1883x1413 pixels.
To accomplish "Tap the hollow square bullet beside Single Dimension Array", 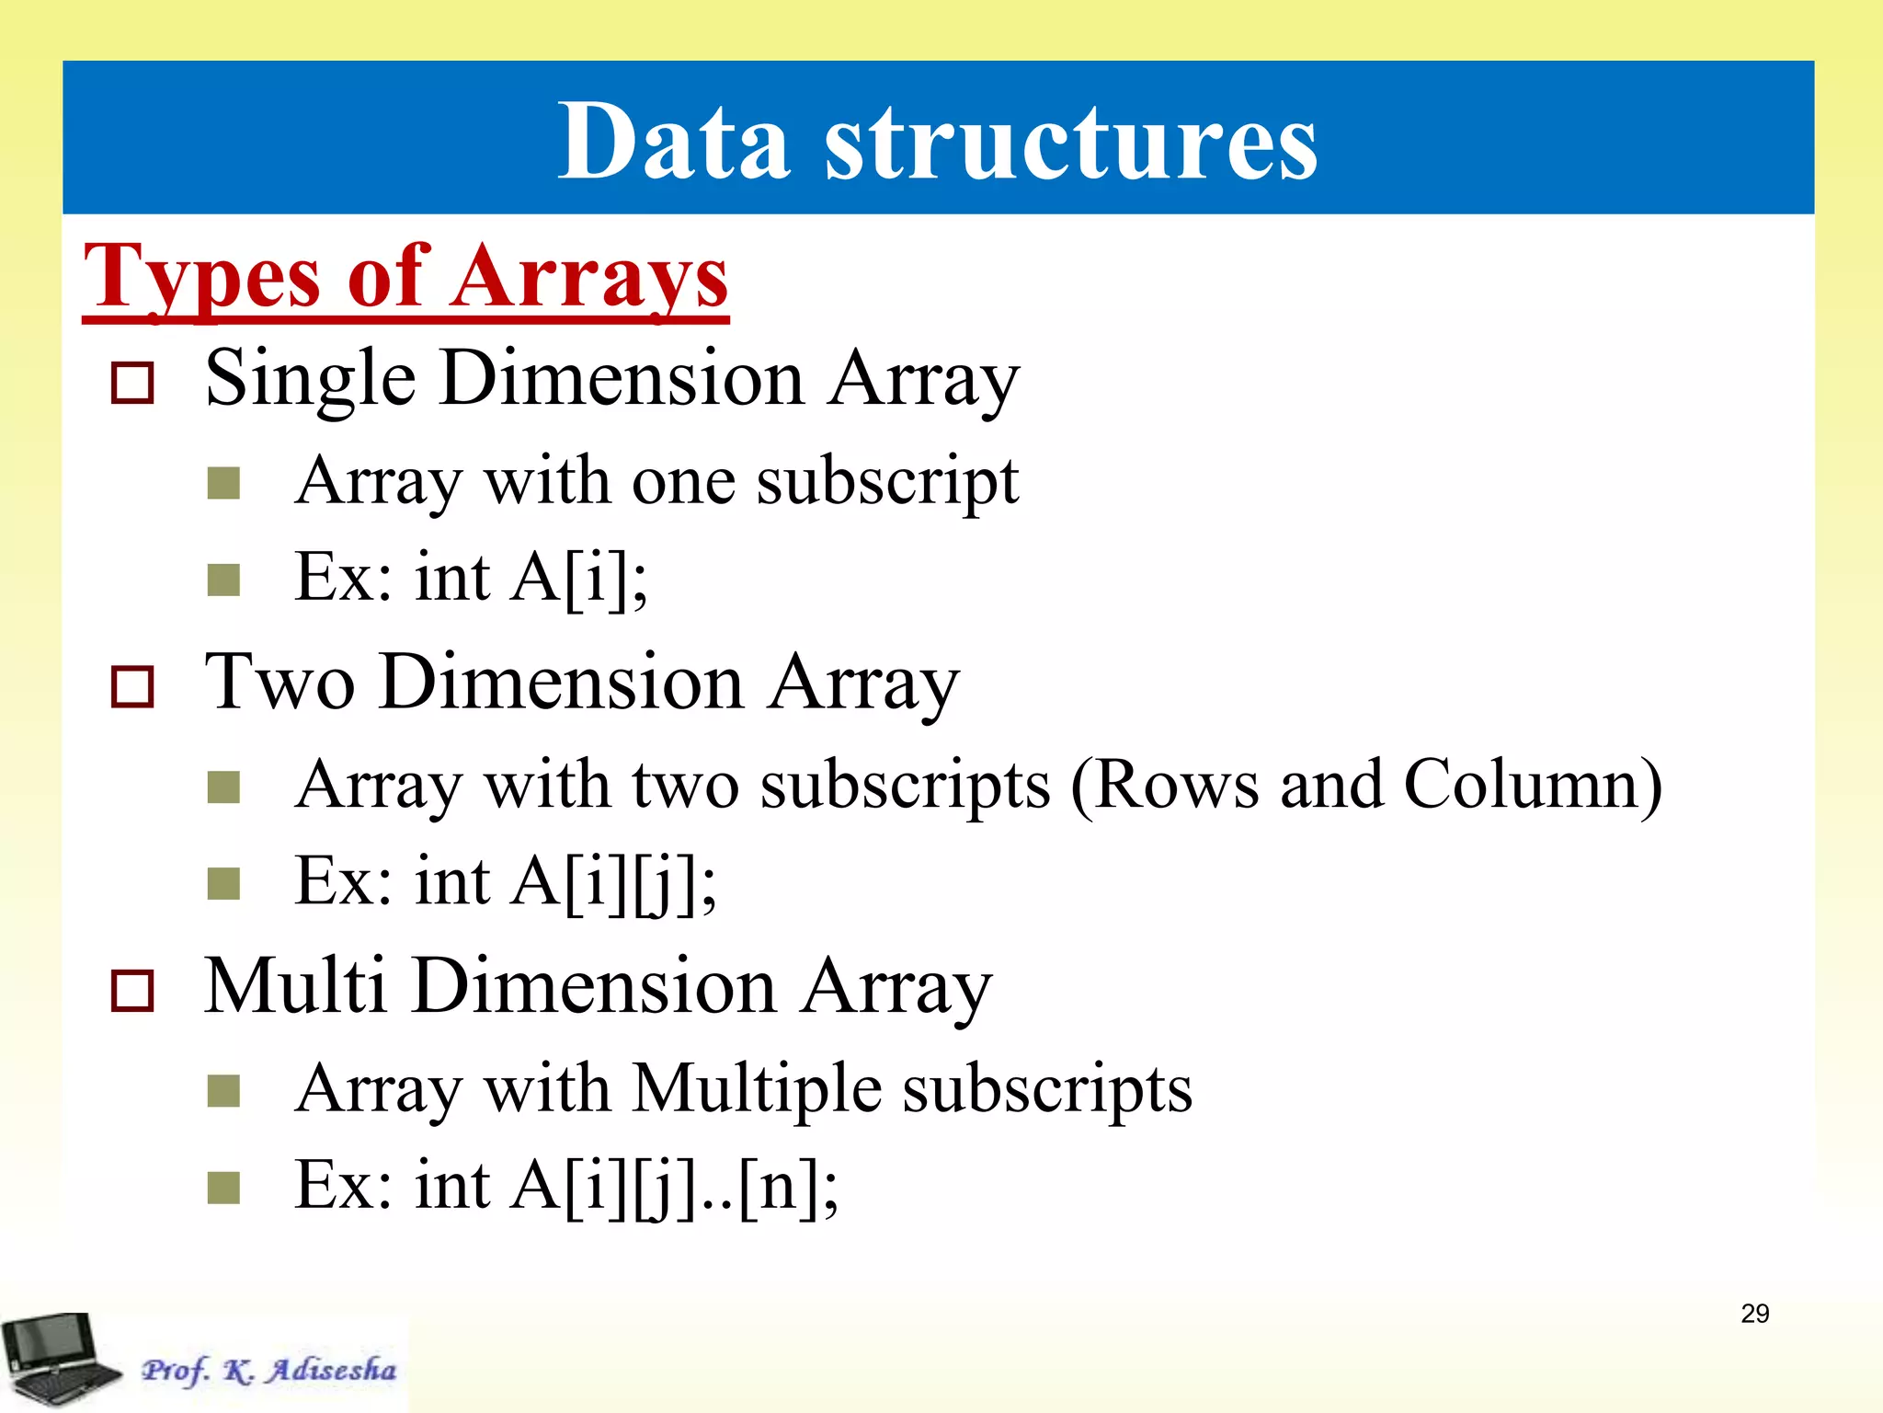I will (x=131, y=382).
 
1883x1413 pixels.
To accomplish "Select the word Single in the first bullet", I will (x=310, y=379).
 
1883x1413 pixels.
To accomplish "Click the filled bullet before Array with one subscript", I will (x=223, y=482).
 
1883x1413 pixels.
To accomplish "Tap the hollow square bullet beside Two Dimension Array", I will (x=131, y=686).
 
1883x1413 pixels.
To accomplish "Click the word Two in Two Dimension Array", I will (x=280, y=683).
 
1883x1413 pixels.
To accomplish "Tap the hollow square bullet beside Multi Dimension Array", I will (x=131, y=991).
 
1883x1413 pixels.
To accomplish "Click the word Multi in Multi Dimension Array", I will (x=294, y=986).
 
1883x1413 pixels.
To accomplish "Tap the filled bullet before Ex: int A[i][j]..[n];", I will (x=223, y=1187).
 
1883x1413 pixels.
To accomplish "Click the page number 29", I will (x=1754, y=1314).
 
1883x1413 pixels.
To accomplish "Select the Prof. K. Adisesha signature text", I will (x=268, y=1370).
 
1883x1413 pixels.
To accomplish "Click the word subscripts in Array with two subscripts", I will (x=905, y=785).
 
